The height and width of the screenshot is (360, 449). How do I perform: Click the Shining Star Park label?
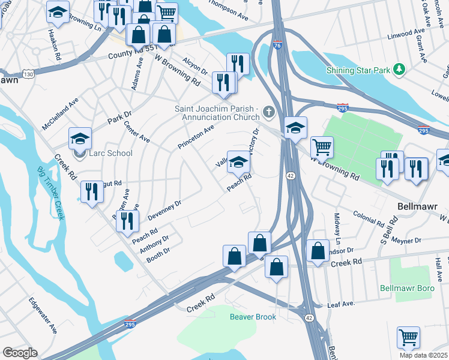pyautogui.click(x=358, y=70)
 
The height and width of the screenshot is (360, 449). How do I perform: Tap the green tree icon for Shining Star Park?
pyautogui.click(x=399, y=70)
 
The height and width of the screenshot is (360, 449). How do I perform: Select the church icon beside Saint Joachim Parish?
pyautogui.click(x=268, y=112)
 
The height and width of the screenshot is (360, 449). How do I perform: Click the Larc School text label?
pyautogui.click(x=110, y=153)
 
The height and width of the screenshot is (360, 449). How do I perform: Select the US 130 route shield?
pyautogui.click(x=28, y=73)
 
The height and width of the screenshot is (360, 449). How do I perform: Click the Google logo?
pyautogui.click(x=19, y=353)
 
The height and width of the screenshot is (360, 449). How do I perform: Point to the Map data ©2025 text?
pyautogui.click(x=424, y=355)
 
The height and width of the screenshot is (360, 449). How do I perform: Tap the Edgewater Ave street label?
pyautogui.click(x=44, y=316)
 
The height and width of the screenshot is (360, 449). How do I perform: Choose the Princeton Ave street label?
pyautogui.click(x=196, y=137)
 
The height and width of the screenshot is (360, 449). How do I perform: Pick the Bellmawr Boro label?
pyautogui.click(x=407, y=288)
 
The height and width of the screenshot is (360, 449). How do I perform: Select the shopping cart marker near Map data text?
pyautogui.click(x=408, y=337)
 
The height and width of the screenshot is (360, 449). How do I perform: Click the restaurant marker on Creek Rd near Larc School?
pyautogui.click(x=91, y=192)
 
